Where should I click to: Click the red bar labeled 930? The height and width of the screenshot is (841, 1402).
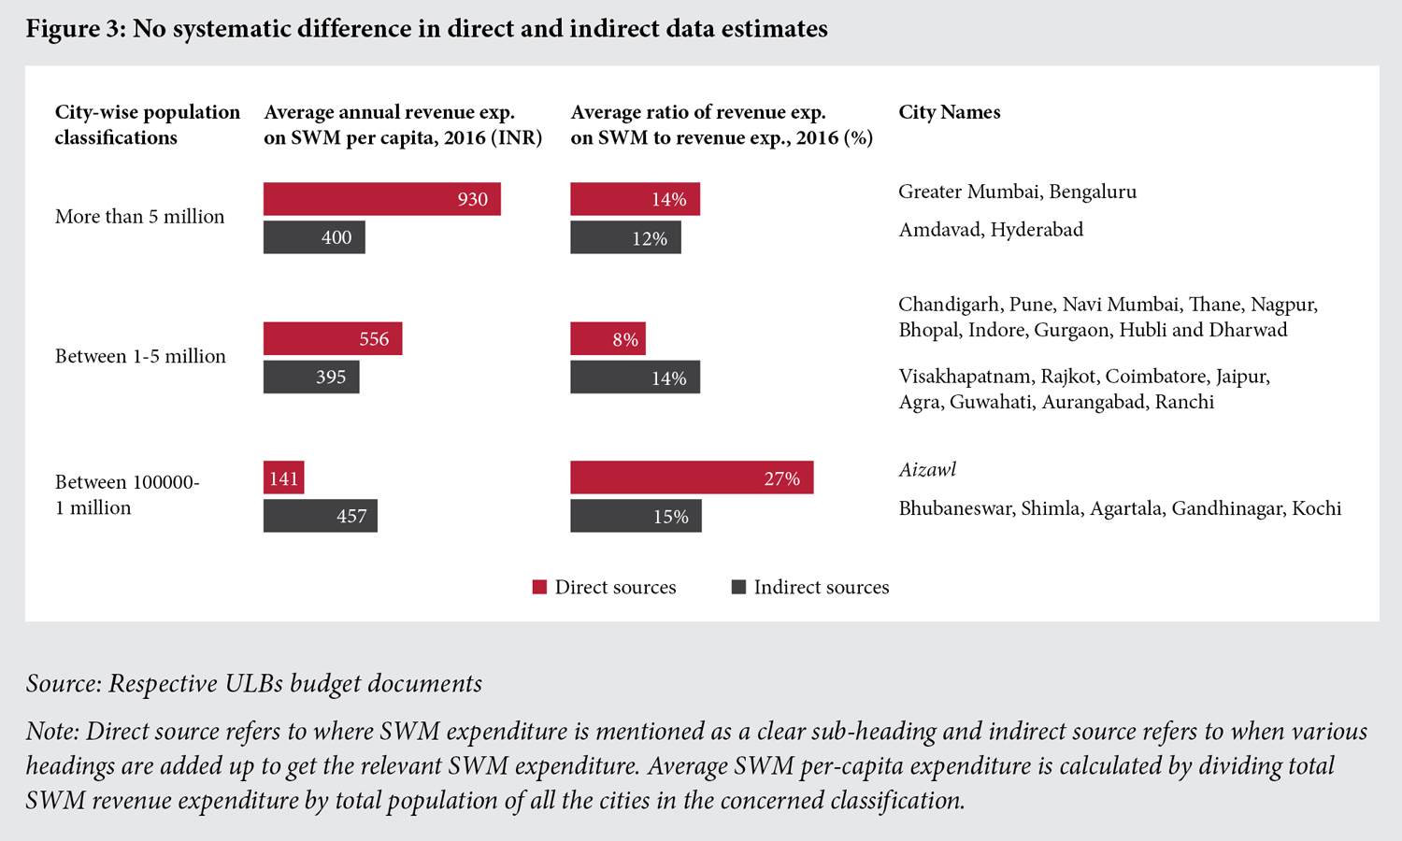381,199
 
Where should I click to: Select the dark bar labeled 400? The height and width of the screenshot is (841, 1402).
314,237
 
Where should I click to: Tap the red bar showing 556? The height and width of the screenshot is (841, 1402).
333,338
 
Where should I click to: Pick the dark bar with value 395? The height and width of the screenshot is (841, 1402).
311,377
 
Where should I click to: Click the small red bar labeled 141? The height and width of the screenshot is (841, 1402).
283,478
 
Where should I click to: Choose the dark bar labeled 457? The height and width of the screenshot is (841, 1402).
321,516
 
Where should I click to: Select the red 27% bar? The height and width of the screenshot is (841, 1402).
692,478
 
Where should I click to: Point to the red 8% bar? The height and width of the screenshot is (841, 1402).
608,338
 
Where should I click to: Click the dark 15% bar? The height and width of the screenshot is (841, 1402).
636,516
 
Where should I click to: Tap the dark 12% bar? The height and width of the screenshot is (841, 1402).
625,237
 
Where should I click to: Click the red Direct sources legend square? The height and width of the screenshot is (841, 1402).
539,587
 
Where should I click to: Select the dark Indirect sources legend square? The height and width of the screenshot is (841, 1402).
738,587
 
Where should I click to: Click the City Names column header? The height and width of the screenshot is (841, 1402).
949,112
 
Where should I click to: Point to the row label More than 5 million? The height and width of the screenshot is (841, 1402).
139,217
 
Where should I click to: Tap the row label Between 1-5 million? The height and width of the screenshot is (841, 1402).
140,356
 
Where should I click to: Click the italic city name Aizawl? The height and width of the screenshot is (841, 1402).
927,470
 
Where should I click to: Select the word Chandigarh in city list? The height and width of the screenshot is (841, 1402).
949,305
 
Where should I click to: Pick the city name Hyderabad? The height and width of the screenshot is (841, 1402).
1037,230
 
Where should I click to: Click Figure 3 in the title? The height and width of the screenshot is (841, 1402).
75,29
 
